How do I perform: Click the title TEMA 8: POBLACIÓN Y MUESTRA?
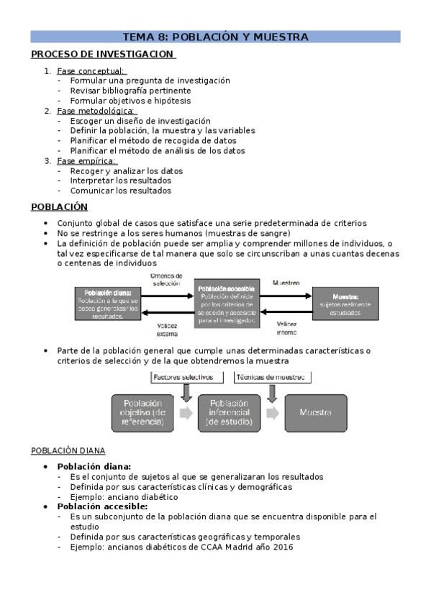pyautogui.click(x=215, y=37)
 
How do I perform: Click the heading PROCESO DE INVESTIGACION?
pyautogui.click(x=102, y=54)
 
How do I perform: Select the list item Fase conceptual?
pyautogui.click(x=91, y=71)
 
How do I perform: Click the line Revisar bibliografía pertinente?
pyautogui.click(x=130, y=91)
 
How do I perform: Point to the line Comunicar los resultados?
pyautogui.click(x=121, y=191)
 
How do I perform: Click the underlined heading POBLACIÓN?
pyautogui.click(x=60, y=207)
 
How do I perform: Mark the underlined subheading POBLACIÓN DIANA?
pyautogui.click(x=68, y=451)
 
